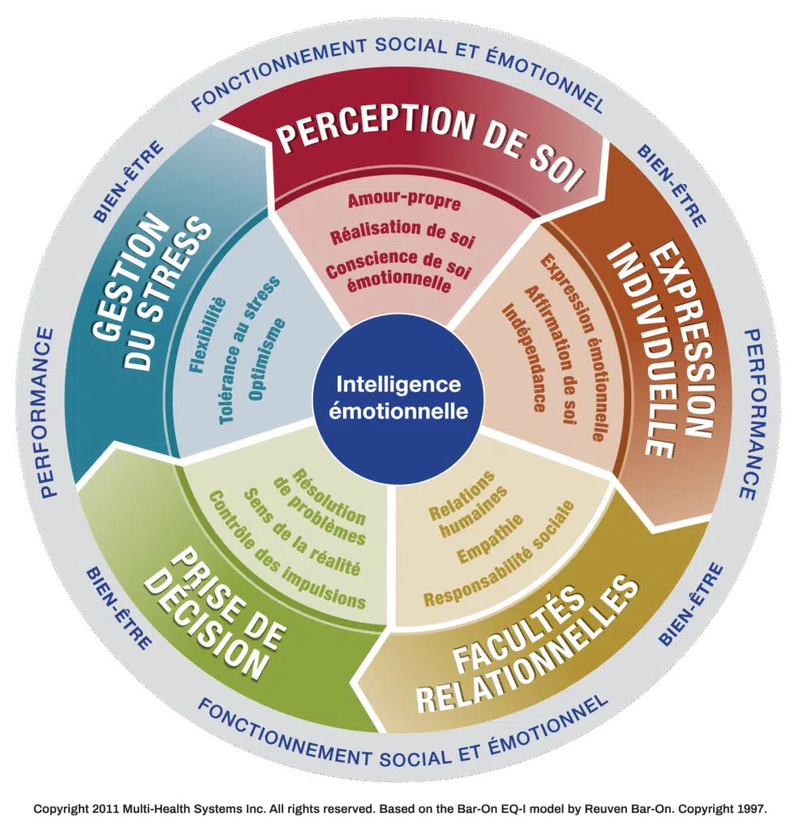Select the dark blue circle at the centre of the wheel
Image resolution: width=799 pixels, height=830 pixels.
coord(398,398)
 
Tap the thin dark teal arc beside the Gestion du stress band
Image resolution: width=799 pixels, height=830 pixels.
coord(209,297)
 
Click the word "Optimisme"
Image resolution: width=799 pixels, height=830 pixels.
coord(267,360)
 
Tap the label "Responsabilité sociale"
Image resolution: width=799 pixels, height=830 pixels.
coord(499,553)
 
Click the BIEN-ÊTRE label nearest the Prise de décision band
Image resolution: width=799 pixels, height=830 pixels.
coord(118,610)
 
